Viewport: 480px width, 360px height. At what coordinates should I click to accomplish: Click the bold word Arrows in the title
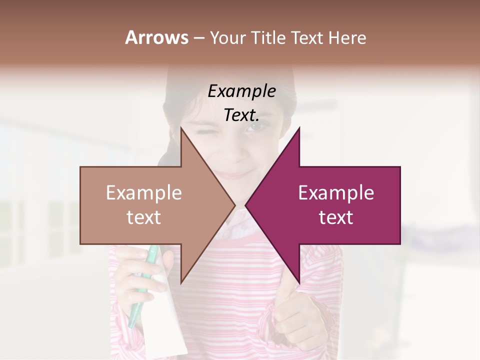click(x=156, y=37)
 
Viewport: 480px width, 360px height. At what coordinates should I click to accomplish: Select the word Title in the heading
click(x=267, y=37)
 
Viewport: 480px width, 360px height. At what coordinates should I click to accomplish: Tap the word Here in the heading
click(x=347, y=37)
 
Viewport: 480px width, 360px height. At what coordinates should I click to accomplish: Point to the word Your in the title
click(x=228, y=37)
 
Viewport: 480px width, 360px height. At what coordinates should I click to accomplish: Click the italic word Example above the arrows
click(x=241, y=91)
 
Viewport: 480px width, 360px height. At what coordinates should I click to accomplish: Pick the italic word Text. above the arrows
click(x=241, y=115)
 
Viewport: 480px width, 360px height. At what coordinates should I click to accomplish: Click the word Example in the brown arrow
click(x=144, y=192)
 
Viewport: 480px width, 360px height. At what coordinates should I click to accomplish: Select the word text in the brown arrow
click(x=144, y=217)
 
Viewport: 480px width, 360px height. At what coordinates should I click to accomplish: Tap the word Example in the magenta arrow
click(x=336, y=192)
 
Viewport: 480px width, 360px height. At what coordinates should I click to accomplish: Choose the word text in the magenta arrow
click(x=336, y=217)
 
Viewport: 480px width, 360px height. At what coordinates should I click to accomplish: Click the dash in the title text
click(x=198, y=38)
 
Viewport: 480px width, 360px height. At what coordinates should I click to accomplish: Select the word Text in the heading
click(x=308, y=37)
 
